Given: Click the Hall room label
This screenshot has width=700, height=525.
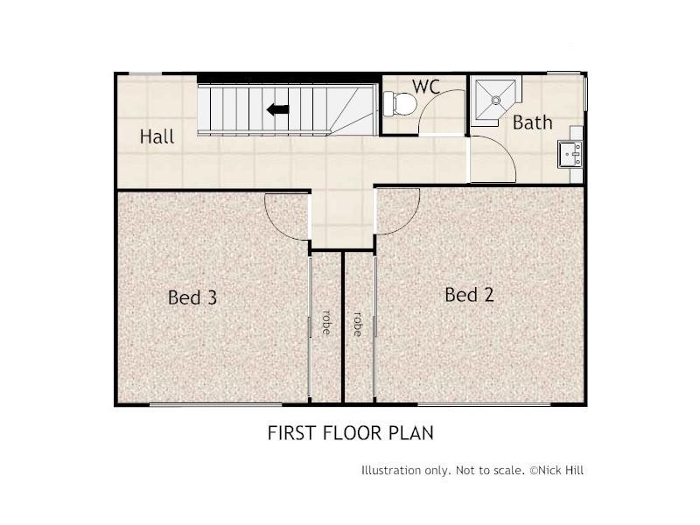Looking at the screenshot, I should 157,136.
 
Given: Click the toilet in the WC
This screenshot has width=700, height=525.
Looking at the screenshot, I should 402,103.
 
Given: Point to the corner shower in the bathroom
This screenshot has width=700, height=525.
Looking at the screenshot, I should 495,101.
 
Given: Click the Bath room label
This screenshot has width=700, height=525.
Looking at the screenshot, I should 532,122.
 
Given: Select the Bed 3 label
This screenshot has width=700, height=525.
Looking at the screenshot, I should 192,297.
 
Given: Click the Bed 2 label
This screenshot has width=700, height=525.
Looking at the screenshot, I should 469,295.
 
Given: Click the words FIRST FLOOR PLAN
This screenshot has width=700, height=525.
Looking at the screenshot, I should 350,432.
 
